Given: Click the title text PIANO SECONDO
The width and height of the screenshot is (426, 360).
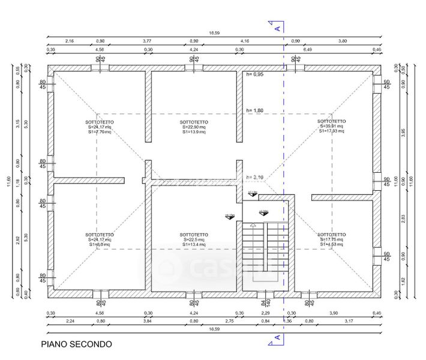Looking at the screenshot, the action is point(76,344).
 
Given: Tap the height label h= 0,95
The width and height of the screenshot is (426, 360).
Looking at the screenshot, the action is point(255,74).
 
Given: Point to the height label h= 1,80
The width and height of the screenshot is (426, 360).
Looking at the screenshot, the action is point(255,111).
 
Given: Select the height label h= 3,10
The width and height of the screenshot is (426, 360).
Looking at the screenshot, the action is point(255,177).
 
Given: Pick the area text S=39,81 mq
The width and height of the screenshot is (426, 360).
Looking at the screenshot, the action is point(331,127).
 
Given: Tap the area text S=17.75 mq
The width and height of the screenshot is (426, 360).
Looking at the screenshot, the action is point(331,239).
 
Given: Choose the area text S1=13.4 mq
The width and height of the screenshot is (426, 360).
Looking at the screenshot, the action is point(194,244).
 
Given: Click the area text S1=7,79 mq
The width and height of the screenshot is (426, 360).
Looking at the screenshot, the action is point(100,131).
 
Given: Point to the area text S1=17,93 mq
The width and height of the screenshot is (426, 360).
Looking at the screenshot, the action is point(331,131).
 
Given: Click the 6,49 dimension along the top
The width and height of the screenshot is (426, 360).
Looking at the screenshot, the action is point(307,49).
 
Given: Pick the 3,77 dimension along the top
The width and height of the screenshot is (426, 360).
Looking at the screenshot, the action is point(146,41).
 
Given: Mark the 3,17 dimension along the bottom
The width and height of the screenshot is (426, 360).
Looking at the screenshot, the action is point(349,322).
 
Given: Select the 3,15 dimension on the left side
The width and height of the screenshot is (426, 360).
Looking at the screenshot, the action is point(18,125).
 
